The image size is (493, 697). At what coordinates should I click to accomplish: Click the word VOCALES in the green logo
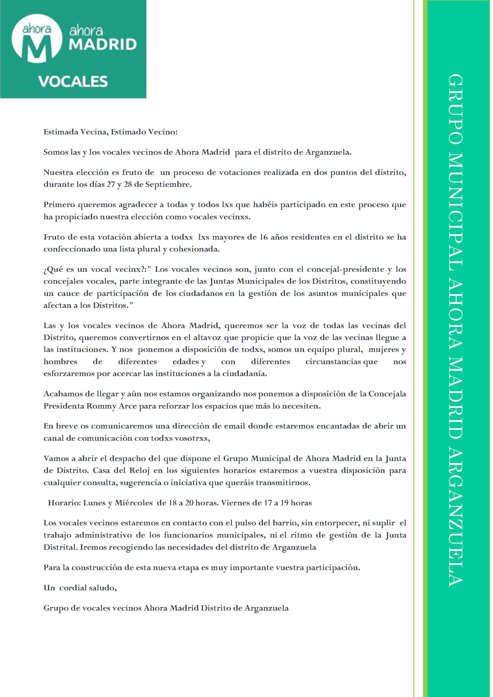pos(73,81)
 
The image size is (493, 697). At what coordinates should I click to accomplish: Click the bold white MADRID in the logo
pos(103,45)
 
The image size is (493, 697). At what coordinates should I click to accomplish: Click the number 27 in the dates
pos(111,184)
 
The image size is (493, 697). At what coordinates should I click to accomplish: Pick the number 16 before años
pos(263,237)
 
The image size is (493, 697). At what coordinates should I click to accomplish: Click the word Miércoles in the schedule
pos(133,503)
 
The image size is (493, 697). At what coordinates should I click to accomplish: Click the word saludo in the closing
pos(102,588)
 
